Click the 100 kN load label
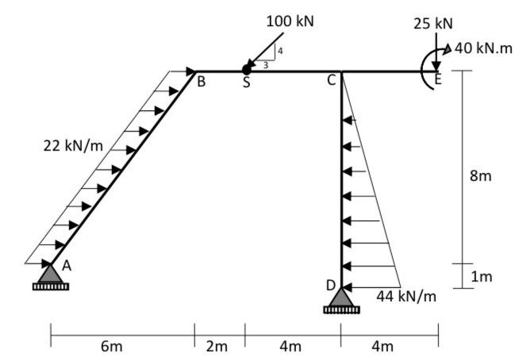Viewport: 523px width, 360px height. tap(290, 21)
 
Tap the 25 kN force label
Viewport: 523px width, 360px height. tap(433, 23)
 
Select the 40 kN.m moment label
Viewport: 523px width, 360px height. tap(485, 48)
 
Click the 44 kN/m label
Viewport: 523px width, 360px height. tap(406, 296)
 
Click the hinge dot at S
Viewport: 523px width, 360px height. tap(246, 71)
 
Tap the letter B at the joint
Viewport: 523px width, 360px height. tap(201, 80)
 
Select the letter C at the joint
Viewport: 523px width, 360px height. tap(332, 80)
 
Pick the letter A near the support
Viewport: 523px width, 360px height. tap(67, 266)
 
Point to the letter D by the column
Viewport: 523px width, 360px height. tap(329, 284)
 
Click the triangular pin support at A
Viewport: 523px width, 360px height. tap(50, 274)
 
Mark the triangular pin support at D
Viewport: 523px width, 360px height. tap(341, 298)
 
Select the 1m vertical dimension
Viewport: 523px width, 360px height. tap(480, 277)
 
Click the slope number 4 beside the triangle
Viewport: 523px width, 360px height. tap(279, 52)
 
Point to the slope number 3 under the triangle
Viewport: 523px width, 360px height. tap(265, 65)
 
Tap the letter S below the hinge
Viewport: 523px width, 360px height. tap(246, 83)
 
